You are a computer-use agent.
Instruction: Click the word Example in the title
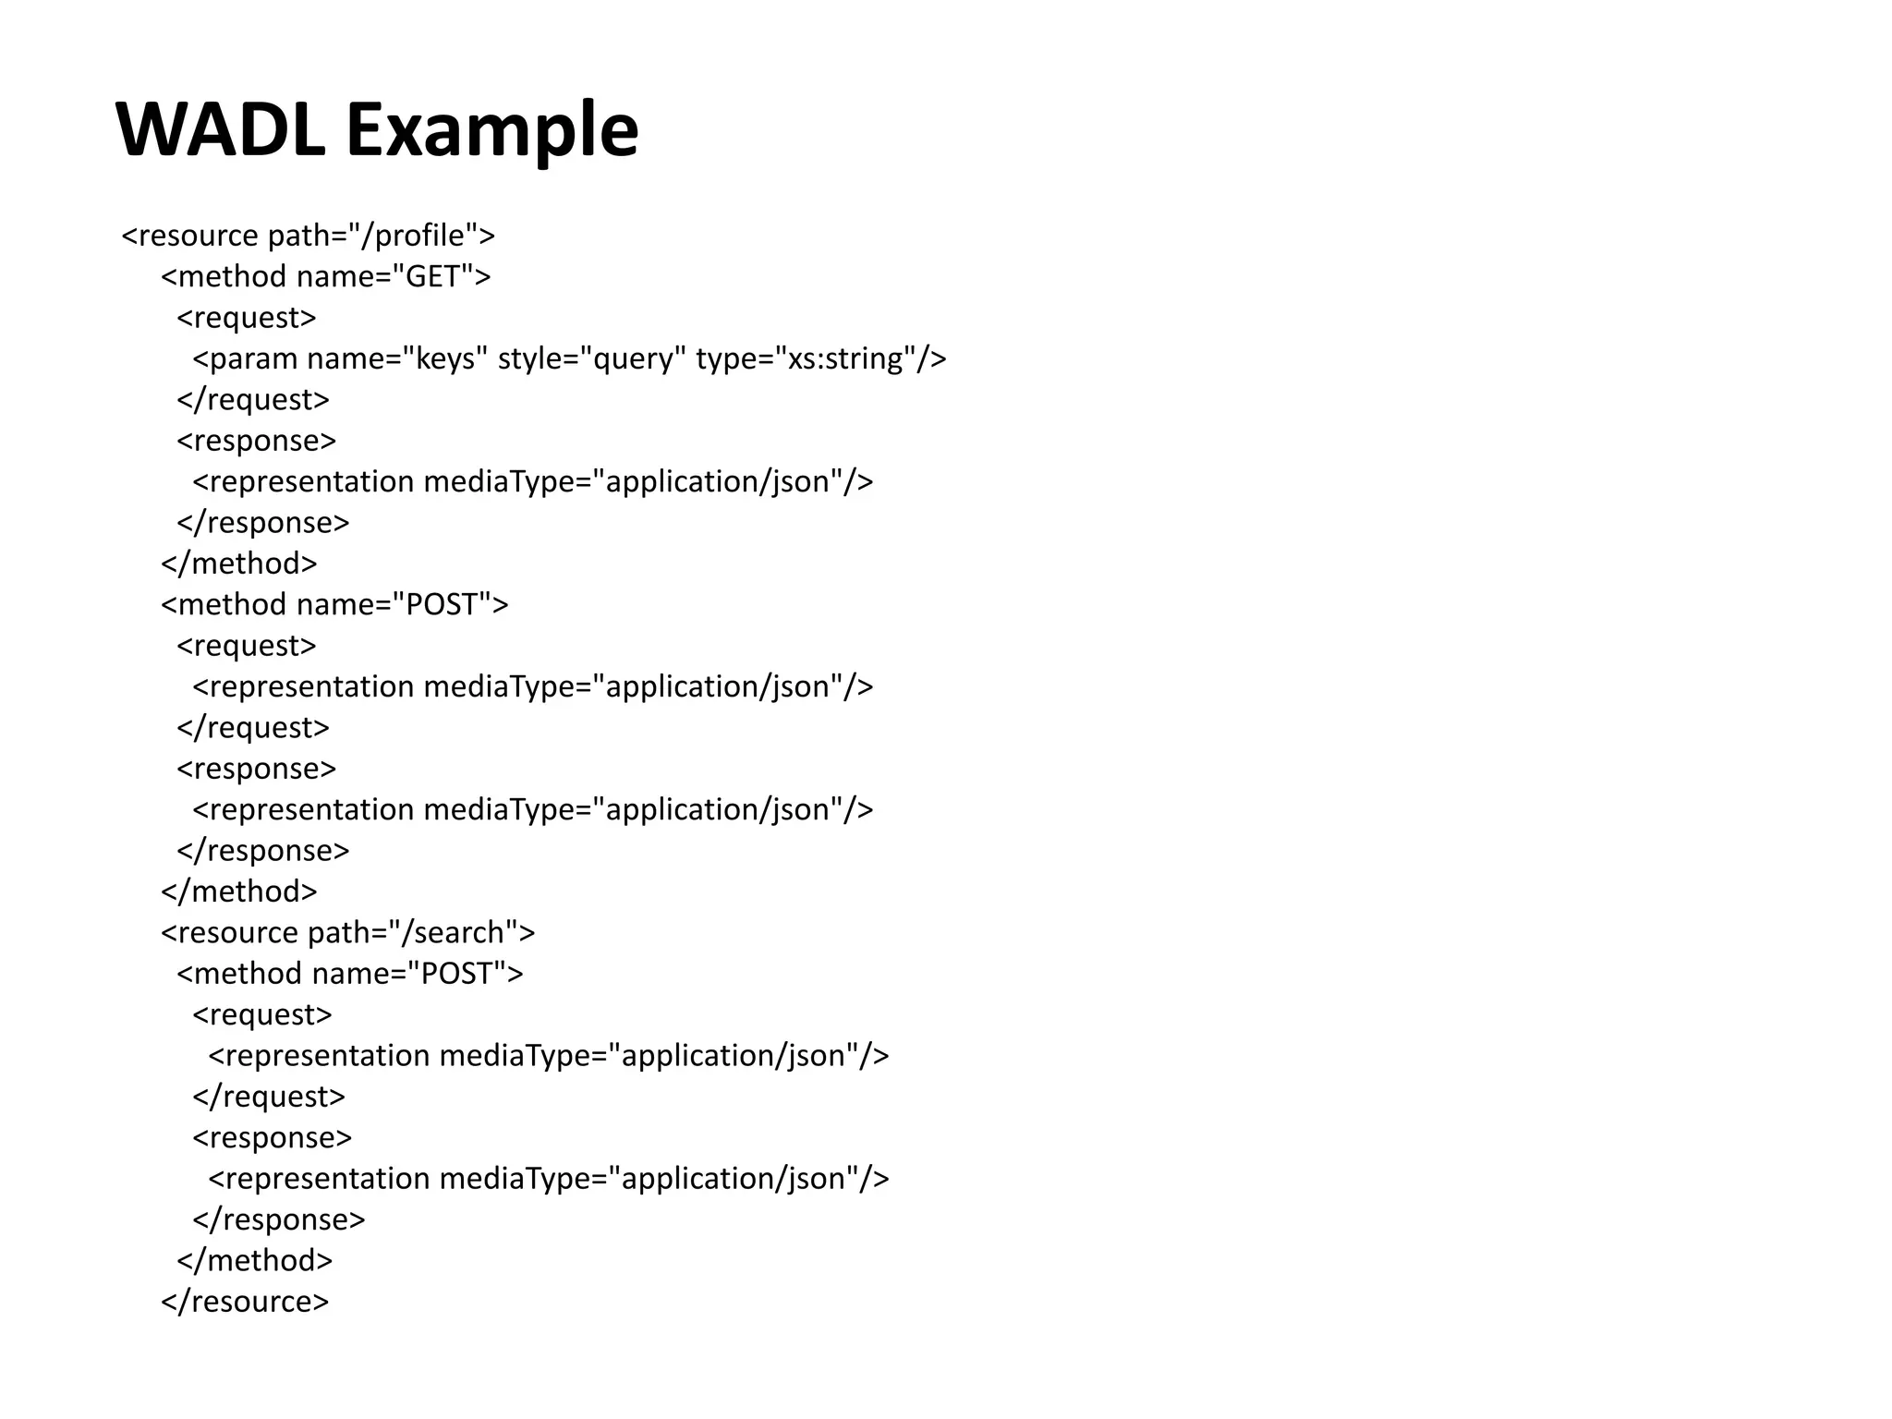pyautogui.click(x=491, y=129)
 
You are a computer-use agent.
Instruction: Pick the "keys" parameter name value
pyautogui.click(x=445, y=358)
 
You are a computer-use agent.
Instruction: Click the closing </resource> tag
pyautogui.click(x=245, y=1302)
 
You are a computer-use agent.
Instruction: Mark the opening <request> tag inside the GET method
pyautogui.click(x=247, y=318)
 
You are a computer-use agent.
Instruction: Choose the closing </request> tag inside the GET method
pyautogui.click(x=253, y=399)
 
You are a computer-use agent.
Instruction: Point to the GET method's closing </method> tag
pyautogui.click(x=239, y=564)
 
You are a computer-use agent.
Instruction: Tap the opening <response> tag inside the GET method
pyautogui.click(x=257, y=441)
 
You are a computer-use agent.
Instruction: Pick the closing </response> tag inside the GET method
pyautogui.click(x=263, y=523)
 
